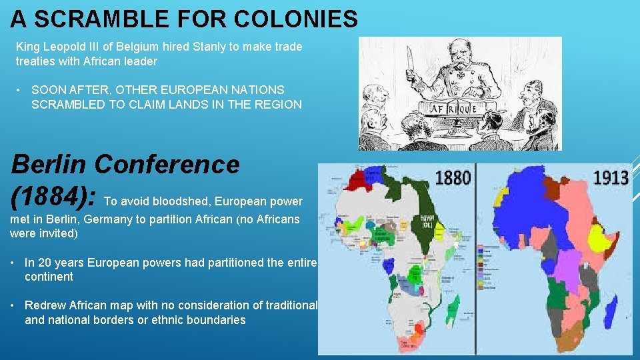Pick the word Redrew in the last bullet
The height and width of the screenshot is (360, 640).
coord(42,305)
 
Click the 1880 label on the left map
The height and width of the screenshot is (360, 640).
coord(453,177)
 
